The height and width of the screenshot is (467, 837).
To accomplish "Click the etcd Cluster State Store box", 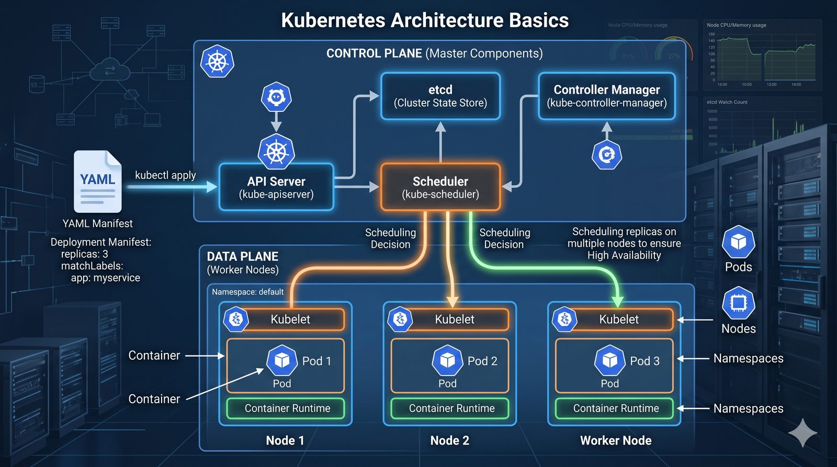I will coord(440,96).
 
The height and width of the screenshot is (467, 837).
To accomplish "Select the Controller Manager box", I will coord(607,96).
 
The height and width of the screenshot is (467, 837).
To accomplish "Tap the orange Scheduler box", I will coord(440,187).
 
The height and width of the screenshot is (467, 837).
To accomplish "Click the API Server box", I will coord(276,187).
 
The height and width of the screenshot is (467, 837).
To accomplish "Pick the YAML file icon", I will coord(98,181).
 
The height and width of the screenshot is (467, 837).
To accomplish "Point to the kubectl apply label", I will coord(165,175).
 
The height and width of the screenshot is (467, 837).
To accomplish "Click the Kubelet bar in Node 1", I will coord(290,319).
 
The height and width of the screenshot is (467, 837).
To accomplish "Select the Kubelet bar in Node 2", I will coord(455,319).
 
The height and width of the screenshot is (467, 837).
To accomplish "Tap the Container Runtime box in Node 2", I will coord(451,408).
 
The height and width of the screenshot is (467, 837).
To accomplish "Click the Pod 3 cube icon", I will coord(610,360).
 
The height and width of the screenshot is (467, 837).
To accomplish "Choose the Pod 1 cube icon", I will coord(282,360).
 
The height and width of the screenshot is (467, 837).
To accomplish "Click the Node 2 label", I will coord(449,440).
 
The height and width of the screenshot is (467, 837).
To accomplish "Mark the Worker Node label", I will coord(616,440).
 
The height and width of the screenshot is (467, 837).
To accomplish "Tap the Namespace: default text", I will coord(247,292).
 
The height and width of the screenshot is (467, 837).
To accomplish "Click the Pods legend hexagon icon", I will coord(738,242).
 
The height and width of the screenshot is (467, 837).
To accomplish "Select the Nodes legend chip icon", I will coord(738,303).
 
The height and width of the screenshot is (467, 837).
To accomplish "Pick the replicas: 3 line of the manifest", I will coord(85,254).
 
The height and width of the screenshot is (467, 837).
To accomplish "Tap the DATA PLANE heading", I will coord(242,256).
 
